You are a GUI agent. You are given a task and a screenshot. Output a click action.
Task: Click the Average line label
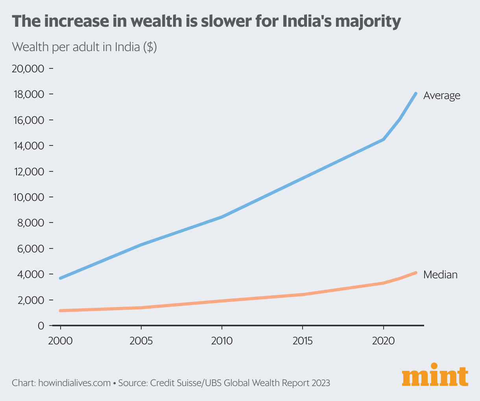(441, 96)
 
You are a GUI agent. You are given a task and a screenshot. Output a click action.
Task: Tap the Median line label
(440, 274)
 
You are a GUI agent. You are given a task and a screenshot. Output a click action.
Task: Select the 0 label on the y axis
(41, 326)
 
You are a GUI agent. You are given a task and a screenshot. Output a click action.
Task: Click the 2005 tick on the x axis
(141, 340)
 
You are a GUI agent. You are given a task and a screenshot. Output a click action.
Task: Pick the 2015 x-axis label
(303, 340)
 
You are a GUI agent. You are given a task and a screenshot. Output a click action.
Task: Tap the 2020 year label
(383, 340)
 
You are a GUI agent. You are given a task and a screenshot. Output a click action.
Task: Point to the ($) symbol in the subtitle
(150, 48)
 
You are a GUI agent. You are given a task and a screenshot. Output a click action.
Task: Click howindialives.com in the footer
(74, 383)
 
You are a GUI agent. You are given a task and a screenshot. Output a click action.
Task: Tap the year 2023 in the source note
(319, 383)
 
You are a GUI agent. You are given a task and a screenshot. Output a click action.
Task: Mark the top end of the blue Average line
(416, 94)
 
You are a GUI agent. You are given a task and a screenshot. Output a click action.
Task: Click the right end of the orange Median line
(416, 272)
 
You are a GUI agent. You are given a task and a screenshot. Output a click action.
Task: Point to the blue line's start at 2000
(60, 278)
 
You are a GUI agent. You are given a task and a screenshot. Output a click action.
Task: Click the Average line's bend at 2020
(383, 139)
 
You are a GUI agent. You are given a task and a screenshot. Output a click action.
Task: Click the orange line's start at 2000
(60, 311)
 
